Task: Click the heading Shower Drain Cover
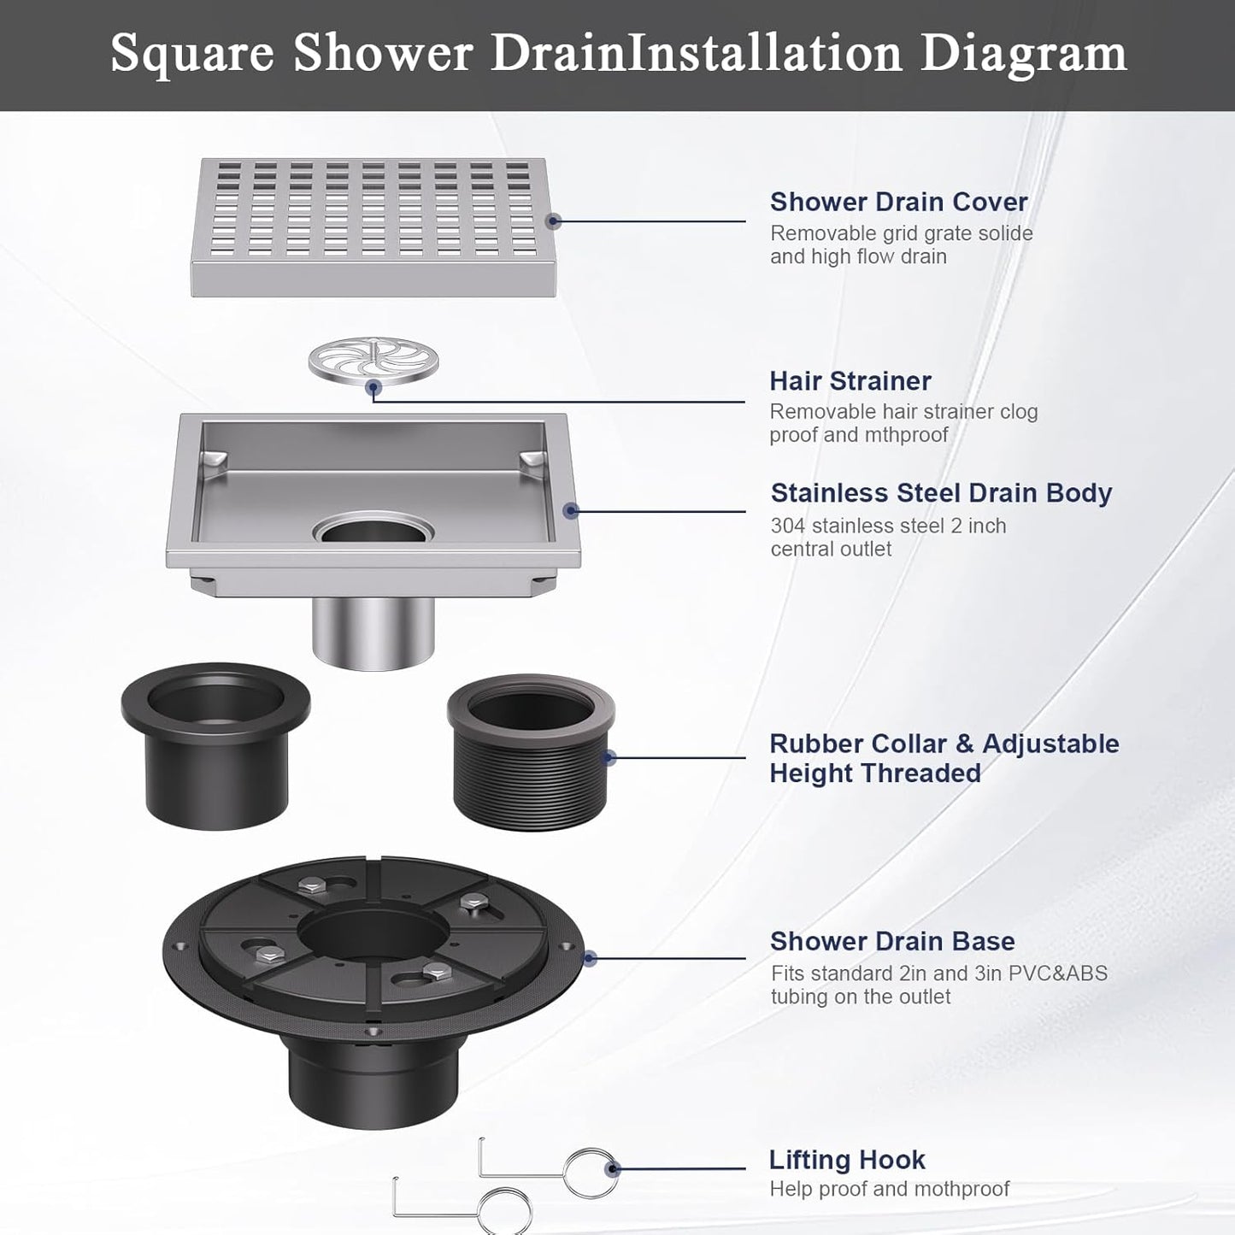pos(898,202)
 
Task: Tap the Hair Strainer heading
pos(850,380)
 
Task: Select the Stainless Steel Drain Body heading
pos(941,493)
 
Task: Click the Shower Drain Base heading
pos(892,941)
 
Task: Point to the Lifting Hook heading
pos(847,1160)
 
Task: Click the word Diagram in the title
pos(1023,53)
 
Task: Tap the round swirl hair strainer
pos(373,360)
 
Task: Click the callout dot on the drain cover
pos(553,221)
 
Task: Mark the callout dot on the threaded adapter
pos(609,757)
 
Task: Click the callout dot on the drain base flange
pos(589,959)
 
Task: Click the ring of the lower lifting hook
pos(505,1213)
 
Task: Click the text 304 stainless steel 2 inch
pos(888,526)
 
